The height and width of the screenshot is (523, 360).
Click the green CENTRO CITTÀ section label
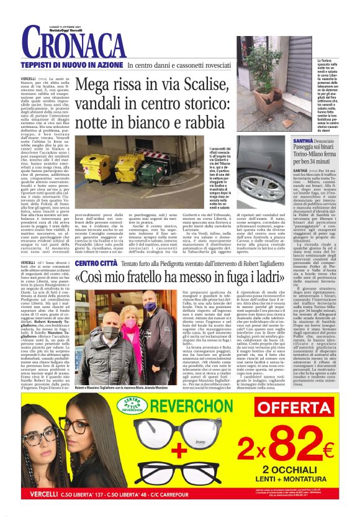tap(96, 263)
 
